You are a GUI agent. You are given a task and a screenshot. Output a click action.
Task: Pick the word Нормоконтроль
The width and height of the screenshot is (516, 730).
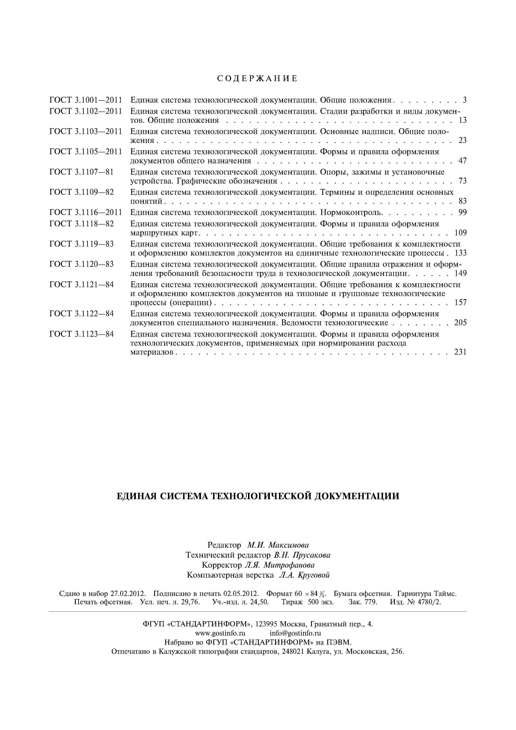pyautogui.click(x=351, y=212)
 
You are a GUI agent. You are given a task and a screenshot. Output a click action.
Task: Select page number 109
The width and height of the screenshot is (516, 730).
pyautogui.click(x=460, y=233)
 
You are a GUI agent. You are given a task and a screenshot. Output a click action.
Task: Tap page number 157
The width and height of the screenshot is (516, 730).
pyautogui.click(x=460, y=302)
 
